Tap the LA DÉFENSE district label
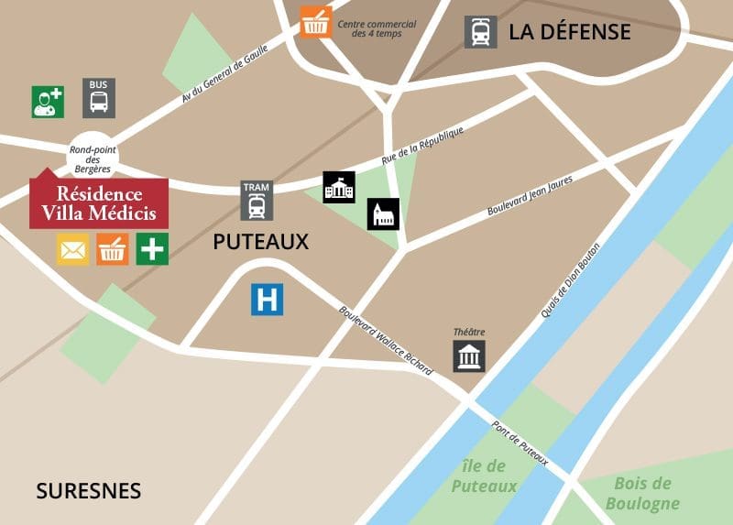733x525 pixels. pyautogui.click(x=569, y=32)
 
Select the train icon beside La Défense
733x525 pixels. pyautogui.click(x=480, y=32)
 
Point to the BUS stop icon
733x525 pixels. pyautogui.click(x=100, y=97)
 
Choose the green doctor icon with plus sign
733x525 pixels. pyautogui.click(x=48, y=101)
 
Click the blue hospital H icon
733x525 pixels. pyautogui.click(x=268, y=299)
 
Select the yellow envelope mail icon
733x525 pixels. pyautogui.click(x=73, y=249)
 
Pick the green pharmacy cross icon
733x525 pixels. pyautogui.click(x=152, y=249)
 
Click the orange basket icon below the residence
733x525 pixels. pyautogui.click(x=113, y=249)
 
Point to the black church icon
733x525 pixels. pyautogui.click(x=383, y=214)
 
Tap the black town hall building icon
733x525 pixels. pyautogui.click(x=338, y=188)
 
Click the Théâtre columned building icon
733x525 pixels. pyautogui.click(x=469, y=355)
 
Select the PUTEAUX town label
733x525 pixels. pyautogui.click(x=260, y=243)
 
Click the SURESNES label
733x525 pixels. pyautogui.click(x=89, y=491)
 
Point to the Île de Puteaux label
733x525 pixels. pyautogui.click(x=485, y=476)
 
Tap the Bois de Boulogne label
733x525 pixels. pyautogui.click(x=642, y=493)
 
